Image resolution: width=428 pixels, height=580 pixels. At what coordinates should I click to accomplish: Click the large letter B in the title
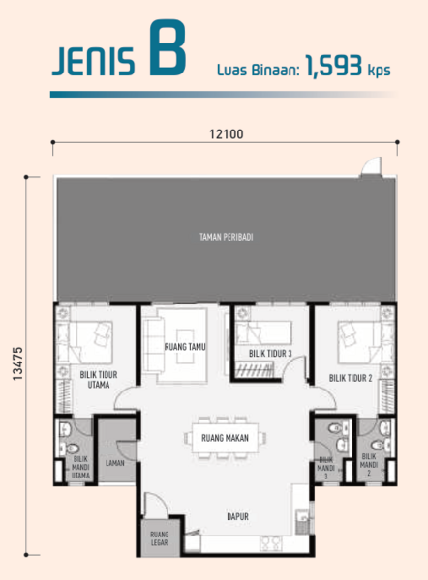[x=168, y=48]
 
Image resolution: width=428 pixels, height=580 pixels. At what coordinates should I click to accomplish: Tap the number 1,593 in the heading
[x=333, y=67]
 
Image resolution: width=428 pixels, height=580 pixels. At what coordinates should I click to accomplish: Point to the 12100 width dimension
[x=227, y=134]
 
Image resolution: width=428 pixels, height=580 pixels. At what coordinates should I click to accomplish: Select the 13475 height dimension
[x=17, y=363]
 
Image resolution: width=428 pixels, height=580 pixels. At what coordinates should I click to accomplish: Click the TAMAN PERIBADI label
[x=226, y=237]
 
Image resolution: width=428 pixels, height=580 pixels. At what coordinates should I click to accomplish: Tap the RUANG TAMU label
[x=185, y=347]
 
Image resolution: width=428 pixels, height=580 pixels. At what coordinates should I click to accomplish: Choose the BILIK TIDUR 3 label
[x=270, y=354]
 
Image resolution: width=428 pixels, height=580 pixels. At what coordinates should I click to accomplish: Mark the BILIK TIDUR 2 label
[x=351, y=378]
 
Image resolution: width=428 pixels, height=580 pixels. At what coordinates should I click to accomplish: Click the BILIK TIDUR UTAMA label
[x=99, y=380]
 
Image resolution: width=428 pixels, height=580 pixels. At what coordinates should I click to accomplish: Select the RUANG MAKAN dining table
[x=225, y=438]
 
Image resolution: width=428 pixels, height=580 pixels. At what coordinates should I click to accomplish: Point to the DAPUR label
[x=237, y=516]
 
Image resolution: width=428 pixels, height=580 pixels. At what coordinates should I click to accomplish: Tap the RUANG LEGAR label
[x=159, y=538]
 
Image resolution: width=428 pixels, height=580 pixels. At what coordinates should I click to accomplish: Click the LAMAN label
[x=115, y=463]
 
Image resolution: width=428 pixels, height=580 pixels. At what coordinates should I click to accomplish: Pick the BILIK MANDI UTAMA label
[x=80, y=467]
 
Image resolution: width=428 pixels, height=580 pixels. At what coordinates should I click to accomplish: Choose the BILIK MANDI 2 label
[x=369, y=465]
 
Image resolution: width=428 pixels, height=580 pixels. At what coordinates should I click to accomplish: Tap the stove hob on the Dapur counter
[x=270, y=543]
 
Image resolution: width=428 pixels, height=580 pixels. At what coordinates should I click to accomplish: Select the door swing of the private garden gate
[x=371, y=165]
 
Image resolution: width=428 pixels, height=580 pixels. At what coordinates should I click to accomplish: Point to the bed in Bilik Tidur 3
[x=263, y=333]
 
